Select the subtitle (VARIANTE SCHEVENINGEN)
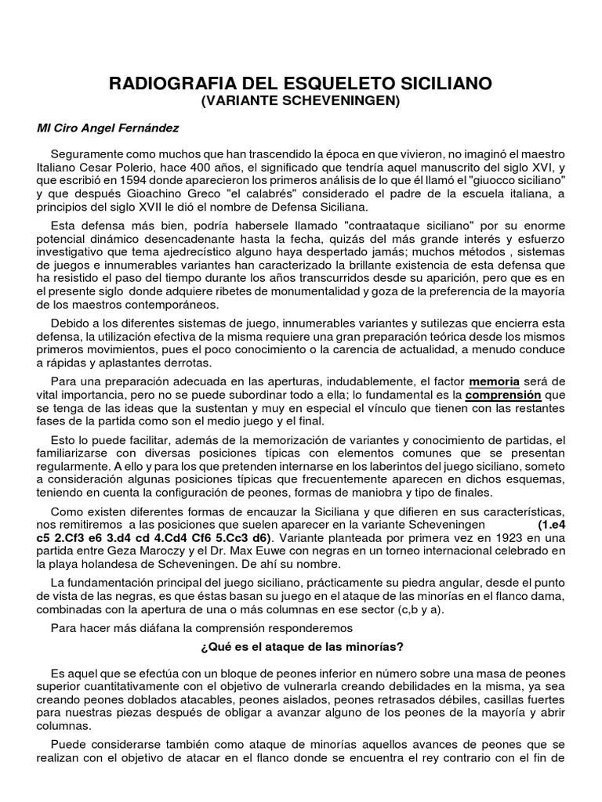(301, 100)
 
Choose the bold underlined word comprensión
(503, 396)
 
